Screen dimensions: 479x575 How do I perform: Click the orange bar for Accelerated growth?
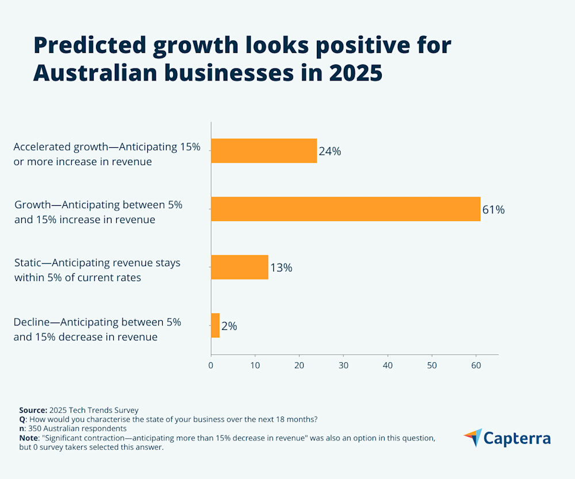tap(264, 151)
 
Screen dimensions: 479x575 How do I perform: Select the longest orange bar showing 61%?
tap(346, 209)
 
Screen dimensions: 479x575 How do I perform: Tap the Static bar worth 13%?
tap(240, 267)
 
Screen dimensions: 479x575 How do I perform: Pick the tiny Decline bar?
tap(215, 325)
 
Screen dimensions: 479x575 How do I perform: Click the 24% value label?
tap(330, 151)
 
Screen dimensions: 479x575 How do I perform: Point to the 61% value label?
tap(493, 210)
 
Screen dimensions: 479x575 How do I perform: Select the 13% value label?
tap(281, 268)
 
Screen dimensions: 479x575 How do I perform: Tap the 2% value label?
tap(229, 326)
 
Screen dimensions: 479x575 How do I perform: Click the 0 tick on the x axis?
tap(211, 365)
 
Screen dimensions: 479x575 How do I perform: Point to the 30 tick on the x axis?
tap(343, 365)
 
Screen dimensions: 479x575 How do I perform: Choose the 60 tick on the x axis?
tap(476, 365)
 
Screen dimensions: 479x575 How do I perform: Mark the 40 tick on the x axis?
tap(388, 365)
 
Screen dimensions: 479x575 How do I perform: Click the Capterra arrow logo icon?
tap(473, 438)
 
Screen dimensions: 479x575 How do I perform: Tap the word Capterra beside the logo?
tap(517, 439)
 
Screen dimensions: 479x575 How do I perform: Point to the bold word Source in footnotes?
tap(33, 410)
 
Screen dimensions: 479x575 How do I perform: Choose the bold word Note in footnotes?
tap(30, 438)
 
